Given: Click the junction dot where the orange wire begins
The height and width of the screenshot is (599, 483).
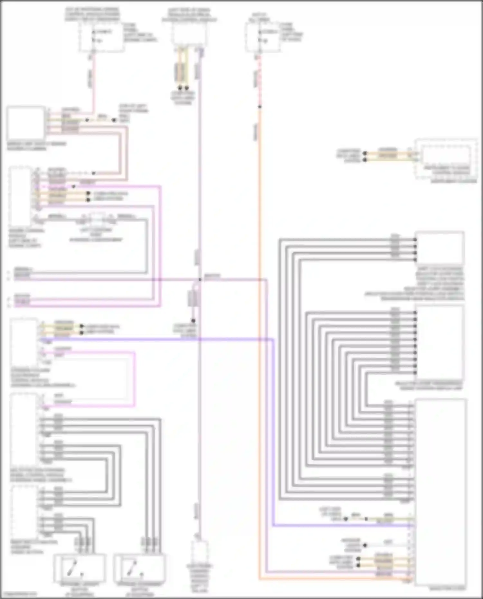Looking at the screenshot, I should [260, 107].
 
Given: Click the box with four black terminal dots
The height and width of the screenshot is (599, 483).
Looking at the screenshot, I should [440, 248].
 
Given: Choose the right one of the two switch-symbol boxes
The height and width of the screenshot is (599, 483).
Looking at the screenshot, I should [140, 568].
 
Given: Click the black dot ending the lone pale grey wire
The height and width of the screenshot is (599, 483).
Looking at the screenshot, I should [365, 545].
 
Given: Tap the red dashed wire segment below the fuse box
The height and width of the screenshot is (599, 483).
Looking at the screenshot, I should [260, 80].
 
